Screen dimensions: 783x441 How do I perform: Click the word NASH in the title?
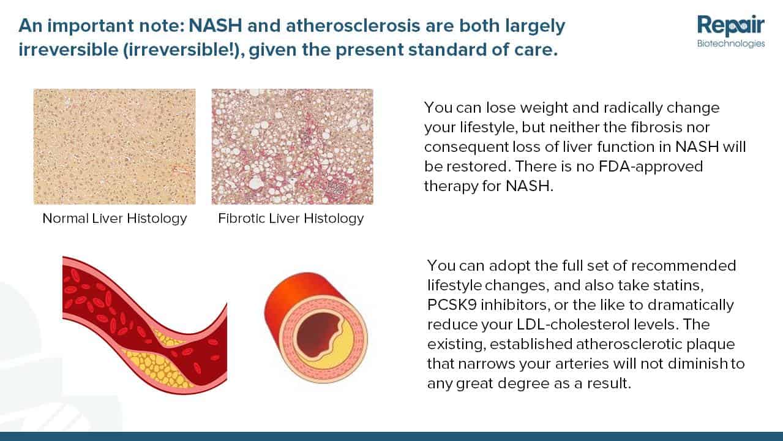click(215, 26)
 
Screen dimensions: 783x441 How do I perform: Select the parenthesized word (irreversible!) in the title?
click(184, 50)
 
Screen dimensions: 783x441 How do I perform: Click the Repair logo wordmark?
click(731, 26)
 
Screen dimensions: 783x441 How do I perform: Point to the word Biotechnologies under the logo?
click(731, 43)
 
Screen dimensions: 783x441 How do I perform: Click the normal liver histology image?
click(114, 146)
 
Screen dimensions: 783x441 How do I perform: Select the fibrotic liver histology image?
click(292, 146)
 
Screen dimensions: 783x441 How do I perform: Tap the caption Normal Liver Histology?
click(114, 219)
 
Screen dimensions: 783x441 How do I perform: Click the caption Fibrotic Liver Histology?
click(291, 219)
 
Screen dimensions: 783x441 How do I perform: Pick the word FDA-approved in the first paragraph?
click(651, 167)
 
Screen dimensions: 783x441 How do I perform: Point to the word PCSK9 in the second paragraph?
click(452, 305)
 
